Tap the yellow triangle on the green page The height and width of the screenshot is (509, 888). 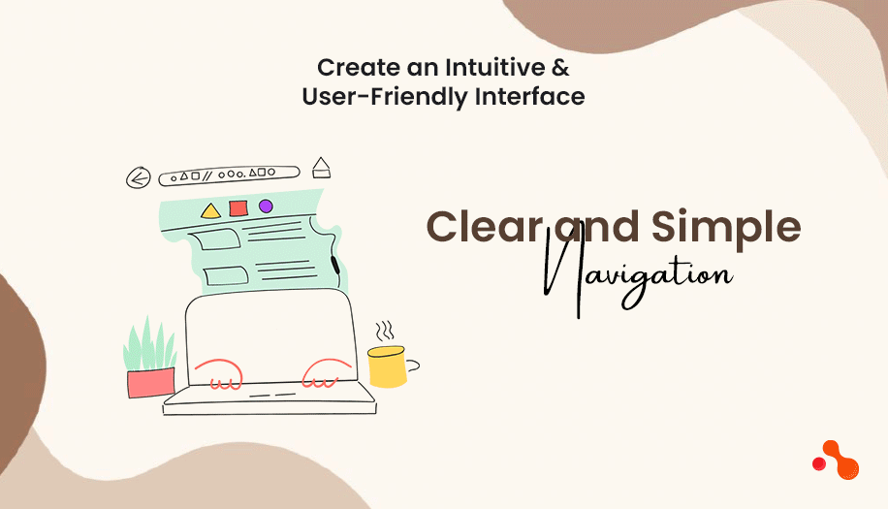coord(210,210)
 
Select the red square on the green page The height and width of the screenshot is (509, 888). coord(238,207)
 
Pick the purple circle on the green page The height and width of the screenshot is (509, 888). coord(266,206)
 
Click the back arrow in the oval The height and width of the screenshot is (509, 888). coord(141,177)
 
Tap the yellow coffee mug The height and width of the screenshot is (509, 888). coord(387,366)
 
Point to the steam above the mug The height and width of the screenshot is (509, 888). coord(386,330)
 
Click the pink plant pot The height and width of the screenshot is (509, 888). coord(150,382)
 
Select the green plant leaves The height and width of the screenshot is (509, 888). coord(150,344)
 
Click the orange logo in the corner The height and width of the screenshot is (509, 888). coord(836,460)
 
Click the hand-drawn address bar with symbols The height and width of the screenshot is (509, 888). coord(229,175)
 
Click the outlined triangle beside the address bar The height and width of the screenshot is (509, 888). coord(321,169)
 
